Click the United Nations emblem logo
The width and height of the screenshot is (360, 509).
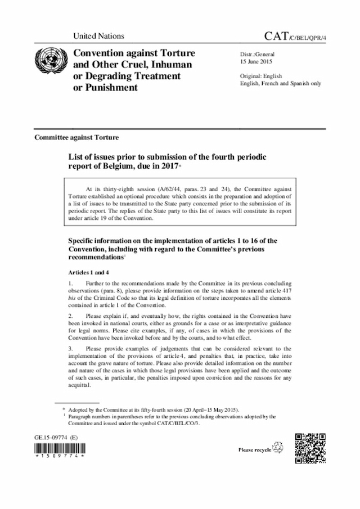point(49,62)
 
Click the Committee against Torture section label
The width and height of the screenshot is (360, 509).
point(76,137)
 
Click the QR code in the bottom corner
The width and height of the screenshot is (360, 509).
point(310,449)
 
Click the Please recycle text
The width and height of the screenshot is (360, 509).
point(254,450)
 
